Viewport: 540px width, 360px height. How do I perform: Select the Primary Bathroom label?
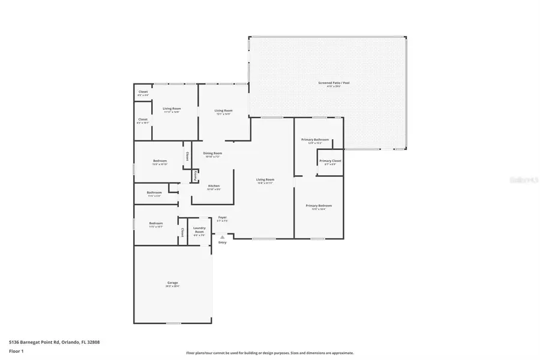315,140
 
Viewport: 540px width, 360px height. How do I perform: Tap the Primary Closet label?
330,161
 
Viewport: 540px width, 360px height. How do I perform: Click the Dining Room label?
212,154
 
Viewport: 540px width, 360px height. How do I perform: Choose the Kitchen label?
214,186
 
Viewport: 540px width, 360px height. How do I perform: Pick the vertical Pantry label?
195,176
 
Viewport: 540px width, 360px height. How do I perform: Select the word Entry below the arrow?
223,242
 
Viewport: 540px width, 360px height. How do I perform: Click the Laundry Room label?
200,230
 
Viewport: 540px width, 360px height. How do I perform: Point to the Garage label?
172,283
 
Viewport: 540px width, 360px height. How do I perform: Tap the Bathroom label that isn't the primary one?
154,193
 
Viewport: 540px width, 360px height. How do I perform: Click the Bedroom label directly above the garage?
156,223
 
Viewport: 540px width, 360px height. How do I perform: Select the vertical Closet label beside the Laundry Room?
182,232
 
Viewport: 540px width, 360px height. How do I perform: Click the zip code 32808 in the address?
92,342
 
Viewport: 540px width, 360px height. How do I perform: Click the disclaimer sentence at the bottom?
270,353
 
